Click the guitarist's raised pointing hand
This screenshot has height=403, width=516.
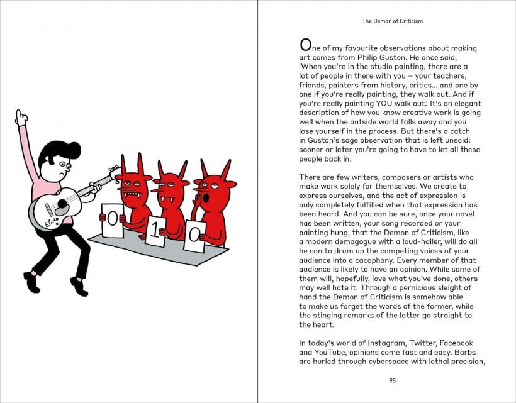point(21,118)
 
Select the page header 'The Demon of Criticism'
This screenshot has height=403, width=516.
point(392,21)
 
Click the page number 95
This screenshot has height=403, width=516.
point(392,380)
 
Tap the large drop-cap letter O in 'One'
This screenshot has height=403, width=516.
point(305,44)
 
